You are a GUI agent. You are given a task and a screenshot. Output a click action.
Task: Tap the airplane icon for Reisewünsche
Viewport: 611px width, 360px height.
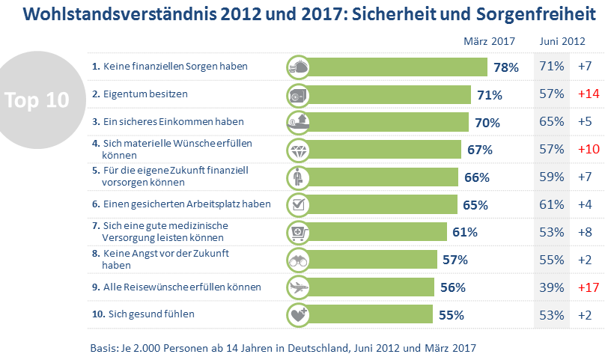[x=298, y=287]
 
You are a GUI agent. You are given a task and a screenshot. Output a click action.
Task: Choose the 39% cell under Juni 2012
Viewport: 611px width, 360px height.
[x=551, y=287]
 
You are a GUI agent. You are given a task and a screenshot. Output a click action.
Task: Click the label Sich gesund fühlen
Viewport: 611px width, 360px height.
[x=142, y=314]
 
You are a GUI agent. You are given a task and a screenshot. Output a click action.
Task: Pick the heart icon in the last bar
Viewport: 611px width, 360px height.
[x=298, y=314]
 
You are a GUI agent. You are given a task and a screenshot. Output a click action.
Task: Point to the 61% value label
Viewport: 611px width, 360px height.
[x=465, y=232]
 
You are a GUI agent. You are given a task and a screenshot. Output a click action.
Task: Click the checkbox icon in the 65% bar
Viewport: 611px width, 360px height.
[x=298, y=204]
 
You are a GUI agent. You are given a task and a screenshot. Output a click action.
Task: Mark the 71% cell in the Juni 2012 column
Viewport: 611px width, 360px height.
[x=551, y=67]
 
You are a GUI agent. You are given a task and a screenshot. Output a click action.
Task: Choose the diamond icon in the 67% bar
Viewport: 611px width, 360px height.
[x=298, y=149]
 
